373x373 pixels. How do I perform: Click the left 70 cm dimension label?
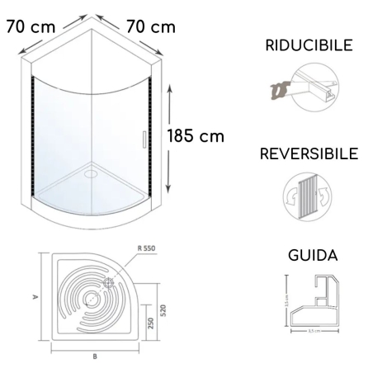pos(31,26)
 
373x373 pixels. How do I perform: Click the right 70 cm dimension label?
pos(150,26)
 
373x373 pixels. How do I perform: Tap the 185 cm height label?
pos(195,135)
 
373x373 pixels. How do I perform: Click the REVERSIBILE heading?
pos(308,153)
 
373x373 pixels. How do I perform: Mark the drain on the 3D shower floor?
pos(89,174)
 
